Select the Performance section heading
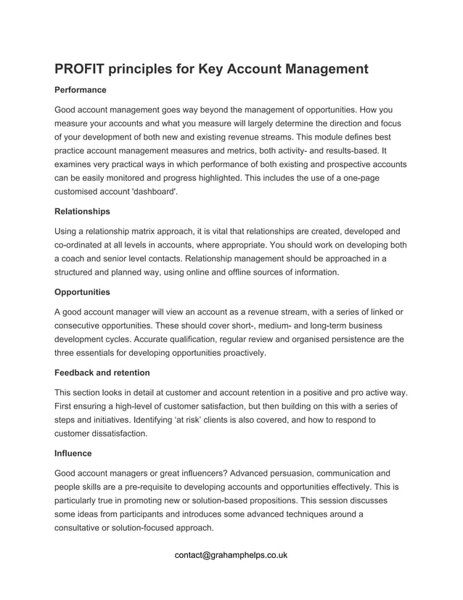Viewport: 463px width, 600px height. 81,90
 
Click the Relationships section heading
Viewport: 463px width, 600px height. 83,211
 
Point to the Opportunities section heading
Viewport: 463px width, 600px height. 83,292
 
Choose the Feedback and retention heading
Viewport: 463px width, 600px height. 102,373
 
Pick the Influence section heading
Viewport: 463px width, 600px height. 73,453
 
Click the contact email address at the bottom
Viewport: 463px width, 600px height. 231,555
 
